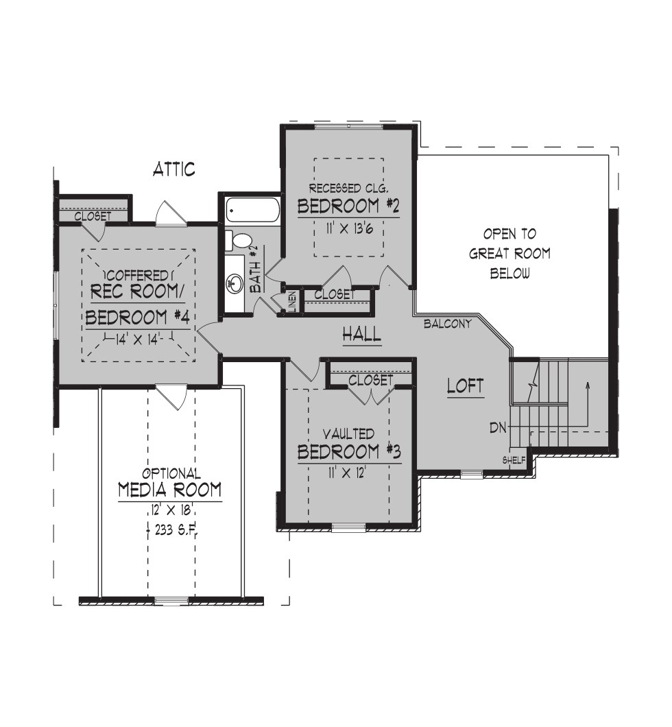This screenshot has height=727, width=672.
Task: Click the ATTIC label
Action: click(173, 169)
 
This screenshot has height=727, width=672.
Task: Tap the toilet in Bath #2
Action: click(239, 240)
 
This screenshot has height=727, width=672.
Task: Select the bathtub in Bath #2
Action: click(252, 210)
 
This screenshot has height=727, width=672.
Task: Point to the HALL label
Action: click(362, 334)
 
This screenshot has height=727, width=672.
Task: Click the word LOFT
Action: click(466, 385)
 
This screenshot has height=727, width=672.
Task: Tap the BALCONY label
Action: click(447, 324)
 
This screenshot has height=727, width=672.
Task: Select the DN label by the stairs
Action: click(499, 427)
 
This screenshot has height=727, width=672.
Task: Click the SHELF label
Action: click(514, 460)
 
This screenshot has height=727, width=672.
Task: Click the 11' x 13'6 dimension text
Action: click(349, 228)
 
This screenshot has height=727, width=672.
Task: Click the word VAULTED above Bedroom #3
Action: click(348, 434)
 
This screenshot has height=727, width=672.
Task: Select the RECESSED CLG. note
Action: click(348, 188)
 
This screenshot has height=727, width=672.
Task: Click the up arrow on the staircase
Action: click(588, 404)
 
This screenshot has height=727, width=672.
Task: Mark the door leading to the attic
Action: click(171, 214)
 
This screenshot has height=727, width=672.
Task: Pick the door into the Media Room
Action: click(171, 397)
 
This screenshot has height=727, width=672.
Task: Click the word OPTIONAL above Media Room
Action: click(171, 473)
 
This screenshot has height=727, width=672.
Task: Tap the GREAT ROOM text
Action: click(509, 254)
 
